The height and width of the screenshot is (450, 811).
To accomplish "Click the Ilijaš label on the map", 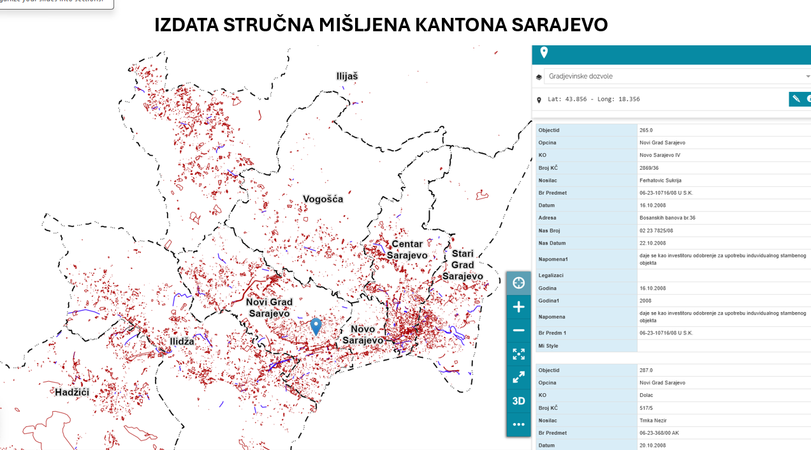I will click(347, 76).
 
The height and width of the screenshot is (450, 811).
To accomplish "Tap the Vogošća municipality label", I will click(323, 199).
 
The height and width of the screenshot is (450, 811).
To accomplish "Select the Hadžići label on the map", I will click(72, 392).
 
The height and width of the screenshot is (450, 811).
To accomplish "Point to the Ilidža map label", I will click(182, 341).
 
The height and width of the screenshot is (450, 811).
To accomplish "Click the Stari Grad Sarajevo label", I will click(463, 265).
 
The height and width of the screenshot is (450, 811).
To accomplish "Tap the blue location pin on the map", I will click(316, 326).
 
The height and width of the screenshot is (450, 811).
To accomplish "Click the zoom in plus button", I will click(518, 307).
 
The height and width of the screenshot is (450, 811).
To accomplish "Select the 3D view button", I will click(518, 401).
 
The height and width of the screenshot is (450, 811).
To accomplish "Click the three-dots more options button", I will click(518, 424).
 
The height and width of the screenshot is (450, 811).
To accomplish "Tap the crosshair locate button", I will click(518, 283).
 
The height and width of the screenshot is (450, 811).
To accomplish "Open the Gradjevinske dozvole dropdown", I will click(676, 77).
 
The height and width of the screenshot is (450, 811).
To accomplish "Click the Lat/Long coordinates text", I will click(594, 100).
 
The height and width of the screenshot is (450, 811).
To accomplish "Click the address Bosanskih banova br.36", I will click(668, 218).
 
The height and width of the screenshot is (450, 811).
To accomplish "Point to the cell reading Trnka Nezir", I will click(654, 421).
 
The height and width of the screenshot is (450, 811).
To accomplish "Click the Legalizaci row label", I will click(551, 275).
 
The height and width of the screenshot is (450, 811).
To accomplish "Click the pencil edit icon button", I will click(796, 99).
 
